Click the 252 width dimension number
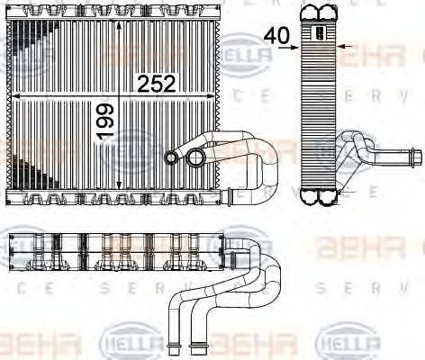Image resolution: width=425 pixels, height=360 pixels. pyautogui.click(x=156, y=84)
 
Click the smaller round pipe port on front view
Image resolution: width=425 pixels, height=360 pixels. pyautogui.click(x=171, y=158)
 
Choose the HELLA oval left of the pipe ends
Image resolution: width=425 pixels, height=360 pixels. pyautogui.click(x=134, y=344)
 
